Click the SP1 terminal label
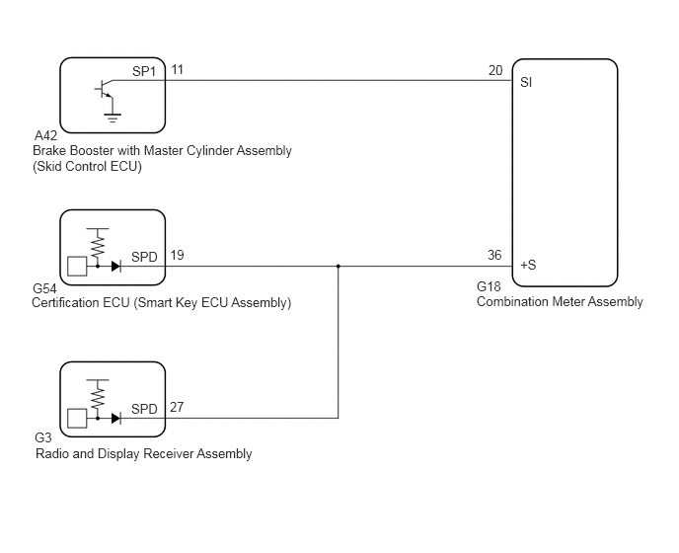[x=144, y=71]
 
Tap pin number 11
[x=177, y=69]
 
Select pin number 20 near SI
[x=495, y=70]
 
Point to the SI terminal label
[x=526, y=82]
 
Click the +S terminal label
[x=528, y=265]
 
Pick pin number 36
[x=494, y=255]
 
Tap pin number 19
[x=177, y=255]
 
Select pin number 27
[x=177, y=407]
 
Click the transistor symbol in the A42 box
[x=104, y=89]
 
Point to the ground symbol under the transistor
[x=113, y=118]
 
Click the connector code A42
[x=45, y=135]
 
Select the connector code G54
[x=44, y=288]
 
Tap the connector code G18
[x=489, y=286]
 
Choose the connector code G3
[x=42, y=437]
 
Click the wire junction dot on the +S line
[x=339, y=266]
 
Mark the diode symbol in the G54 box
[x=116, y=266]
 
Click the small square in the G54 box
[x=77, y=266]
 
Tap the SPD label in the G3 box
[x=144, y=409]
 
